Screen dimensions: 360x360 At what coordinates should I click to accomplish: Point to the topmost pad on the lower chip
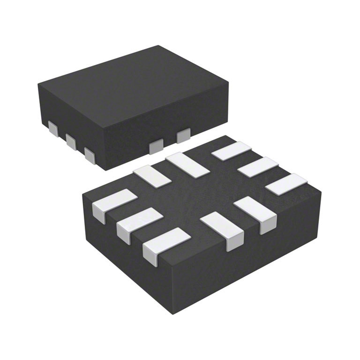231,150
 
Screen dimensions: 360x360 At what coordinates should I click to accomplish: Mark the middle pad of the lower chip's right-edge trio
258,167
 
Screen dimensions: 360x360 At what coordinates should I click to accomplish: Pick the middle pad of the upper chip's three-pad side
71,141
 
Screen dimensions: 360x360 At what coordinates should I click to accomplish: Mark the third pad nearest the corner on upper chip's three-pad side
89,155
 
